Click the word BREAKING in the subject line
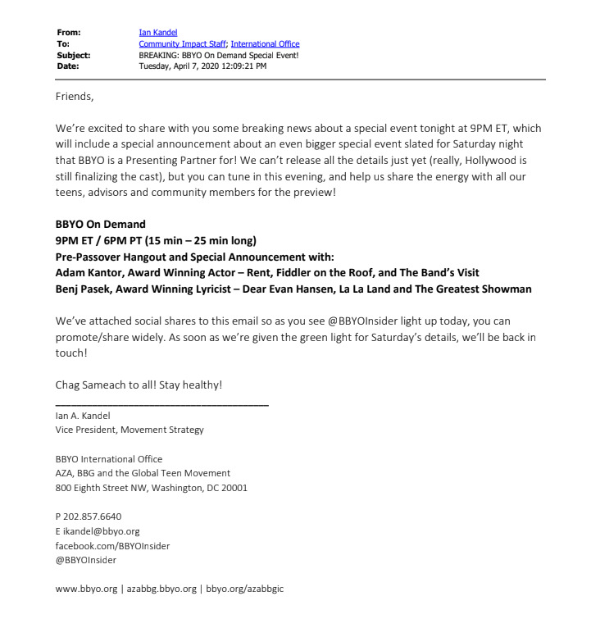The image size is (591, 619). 159,55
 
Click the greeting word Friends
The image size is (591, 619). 75,97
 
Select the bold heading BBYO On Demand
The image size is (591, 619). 100,224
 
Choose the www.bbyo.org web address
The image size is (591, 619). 86,589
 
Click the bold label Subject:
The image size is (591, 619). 74,55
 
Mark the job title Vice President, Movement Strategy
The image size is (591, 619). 130,430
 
